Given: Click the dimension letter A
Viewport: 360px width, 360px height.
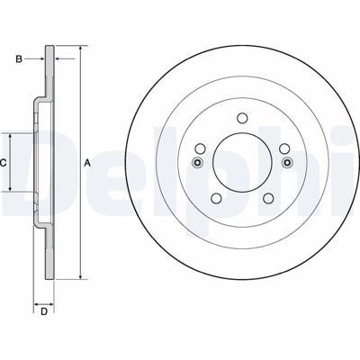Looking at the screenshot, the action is click(x=86, y=163).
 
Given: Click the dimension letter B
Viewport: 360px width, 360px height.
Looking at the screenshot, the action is click(x=19, y=59).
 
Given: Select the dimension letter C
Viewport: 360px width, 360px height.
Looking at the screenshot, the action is click(x=3, y=163).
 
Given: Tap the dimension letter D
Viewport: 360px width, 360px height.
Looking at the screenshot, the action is click(x=44, y=312).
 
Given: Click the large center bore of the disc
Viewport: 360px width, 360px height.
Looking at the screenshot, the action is click(x=242, y=163).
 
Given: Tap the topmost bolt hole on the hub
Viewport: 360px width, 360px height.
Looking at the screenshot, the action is click(x=242, y=118).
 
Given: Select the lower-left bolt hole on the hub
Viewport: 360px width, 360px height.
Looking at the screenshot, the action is click(x=216, y=198).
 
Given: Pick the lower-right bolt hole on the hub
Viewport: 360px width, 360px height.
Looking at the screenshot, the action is click(x=268, y=198).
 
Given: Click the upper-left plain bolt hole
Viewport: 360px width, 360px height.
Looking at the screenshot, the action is click(x=200, y=148).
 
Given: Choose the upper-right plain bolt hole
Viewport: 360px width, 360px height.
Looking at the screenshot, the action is click(x=284, y=148).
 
